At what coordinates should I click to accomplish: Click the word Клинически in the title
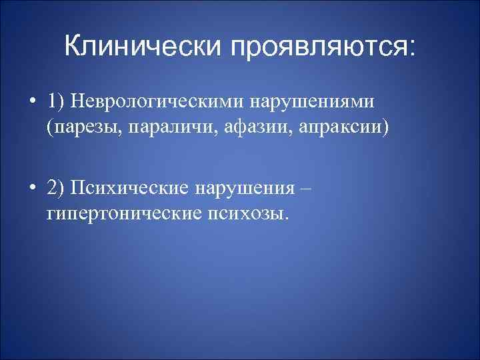(142, 47)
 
